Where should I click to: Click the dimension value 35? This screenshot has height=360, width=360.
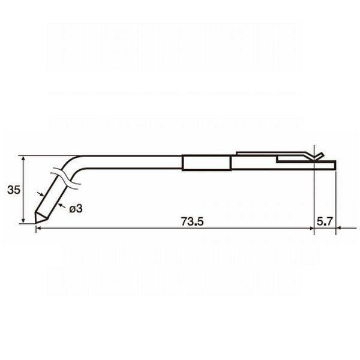tap(14, 190)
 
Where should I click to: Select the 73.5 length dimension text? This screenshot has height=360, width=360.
tap(192, 221)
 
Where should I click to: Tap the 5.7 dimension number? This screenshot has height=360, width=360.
tap(325, 221)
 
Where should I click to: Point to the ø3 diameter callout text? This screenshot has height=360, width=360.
tap(76, 209)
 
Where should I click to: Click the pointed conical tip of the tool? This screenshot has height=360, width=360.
tap(36, 223)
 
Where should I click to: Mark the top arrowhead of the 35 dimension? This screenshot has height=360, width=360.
tap(23, 158)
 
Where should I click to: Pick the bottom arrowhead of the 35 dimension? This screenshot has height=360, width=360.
tap(23, 221)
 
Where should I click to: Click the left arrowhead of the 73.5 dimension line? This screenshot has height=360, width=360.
tap(38, 228)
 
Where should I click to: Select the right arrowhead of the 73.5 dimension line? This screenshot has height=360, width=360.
tap(311, 228)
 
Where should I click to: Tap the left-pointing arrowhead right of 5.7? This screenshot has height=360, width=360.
tap(338, 228)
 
